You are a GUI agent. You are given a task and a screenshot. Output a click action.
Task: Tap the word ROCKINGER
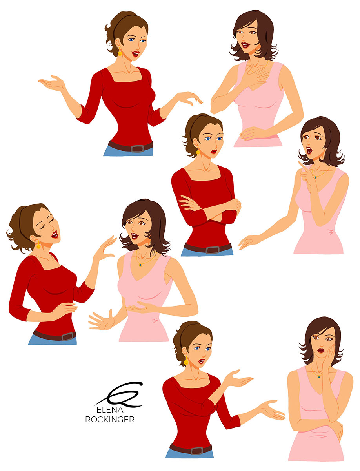click(110, 420)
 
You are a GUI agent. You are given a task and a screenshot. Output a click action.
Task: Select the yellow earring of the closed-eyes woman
click(38, 246)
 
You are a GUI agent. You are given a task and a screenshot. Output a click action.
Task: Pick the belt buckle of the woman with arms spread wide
click(136, 148)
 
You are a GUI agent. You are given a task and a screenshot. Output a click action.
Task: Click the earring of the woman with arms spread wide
click(120, 53)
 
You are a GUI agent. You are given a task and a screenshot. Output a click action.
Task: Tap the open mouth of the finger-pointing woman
click(309, 150)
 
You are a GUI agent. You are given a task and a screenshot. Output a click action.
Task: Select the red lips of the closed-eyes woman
click(55, 235)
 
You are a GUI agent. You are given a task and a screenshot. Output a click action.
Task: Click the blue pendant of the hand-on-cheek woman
click(318, 377)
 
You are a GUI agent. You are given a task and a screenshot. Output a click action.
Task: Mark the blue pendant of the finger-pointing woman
click(315, 177)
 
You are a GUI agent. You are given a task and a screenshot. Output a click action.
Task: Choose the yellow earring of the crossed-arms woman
click(198, 152)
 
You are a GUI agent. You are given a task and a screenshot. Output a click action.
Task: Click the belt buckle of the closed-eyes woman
click(67, 336)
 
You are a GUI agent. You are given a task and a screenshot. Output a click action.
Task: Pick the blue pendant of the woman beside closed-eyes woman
click(140, 264)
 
